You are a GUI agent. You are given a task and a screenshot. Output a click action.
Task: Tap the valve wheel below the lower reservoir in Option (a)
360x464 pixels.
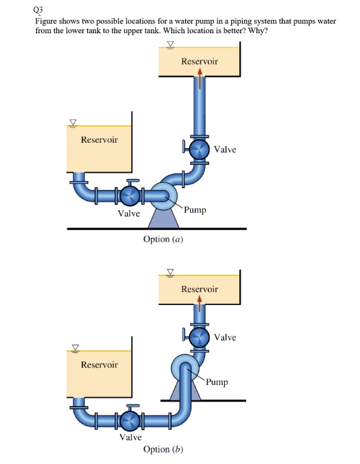130,195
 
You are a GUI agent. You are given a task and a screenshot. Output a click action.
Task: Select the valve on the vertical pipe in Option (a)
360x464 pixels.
199,149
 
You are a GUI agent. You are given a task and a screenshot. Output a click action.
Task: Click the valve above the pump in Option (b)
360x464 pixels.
199,337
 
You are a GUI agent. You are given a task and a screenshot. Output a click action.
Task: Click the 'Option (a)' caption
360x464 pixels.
163,239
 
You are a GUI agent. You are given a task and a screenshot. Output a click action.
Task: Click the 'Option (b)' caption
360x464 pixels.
163,449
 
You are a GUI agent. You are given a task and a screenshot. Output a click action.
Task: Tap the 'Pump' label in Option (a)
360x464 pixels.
195,210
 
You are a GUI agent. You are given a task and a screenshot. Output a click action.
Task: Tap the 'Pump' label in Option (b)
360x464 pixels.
217,382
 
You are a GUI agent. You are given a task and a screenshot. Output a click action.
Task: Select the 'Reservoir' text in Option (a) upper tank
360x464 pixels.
199,61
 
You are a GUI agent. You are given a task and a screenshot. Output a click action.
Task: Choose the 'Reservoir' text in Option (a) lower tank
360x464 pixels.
99,140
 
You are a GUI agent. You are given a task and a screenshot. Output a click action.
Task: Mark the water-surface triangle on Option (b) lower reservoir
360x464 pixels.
75,347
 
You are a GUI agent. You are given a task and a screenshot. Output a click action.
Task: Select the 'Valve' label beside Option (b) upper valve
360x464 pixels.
225,337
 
